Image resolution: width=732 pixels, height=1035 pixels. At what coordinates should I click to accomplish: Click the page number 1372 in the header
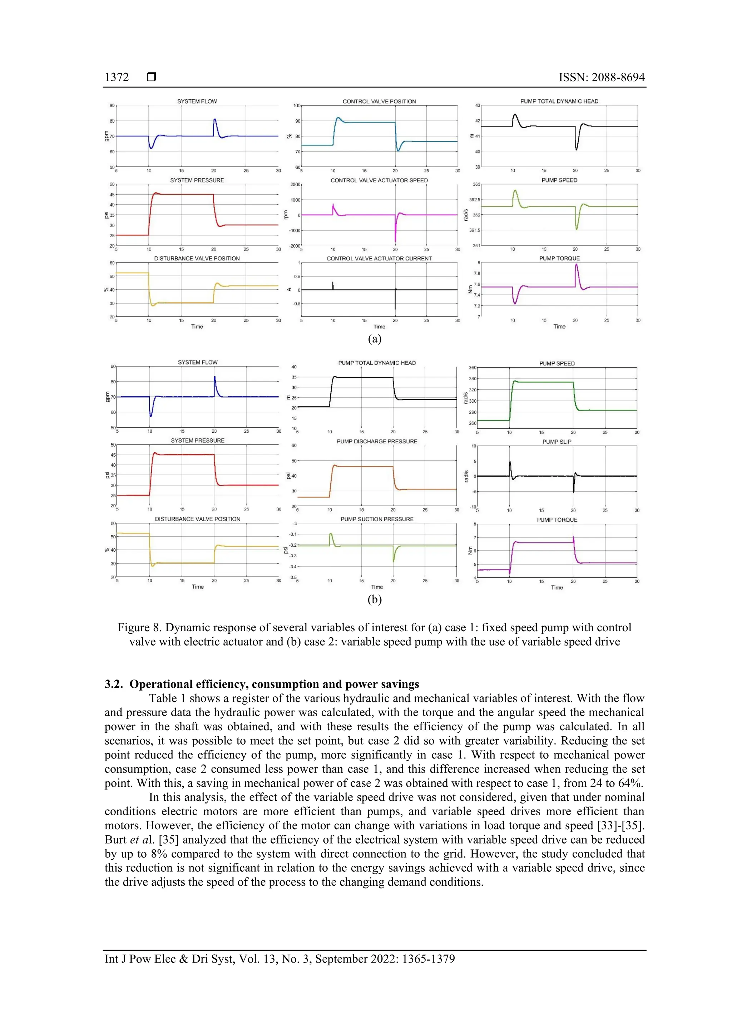[x=117, y=77]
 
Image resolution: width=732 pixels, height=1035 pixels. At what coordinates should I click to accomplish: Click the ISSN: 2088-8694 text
[x=601, y=77]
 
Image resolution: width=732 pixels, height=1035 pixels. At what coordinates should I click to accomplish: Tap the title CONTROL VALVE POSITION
[x=379, y=101]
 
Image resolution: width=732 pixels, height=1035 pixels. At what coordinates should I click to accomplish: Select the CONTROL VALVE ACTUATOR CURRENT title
[x=379, y=258]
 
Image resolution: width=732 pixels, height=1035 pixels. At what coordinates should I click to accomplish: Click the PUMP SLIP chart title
[x=557, y=442]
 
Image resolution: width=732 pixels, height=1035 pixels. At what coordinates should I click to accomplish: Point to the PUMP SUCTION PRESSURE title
[x=377, y=519]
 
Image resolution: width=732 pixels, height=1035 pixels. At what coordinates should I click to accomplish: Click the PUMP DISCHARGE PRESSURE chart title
[x=377, y=441]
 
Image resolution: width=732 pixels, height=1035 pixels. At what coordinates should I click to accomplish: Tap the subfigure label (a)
[x=374, y=339]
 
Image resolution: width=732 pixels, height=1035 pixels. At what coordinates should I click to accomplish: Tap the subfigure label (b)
[x=374, y=599]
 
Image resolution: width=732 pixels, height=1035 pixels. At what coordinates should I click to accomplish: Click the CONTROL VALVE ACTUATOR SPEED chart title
[x=379, y=180]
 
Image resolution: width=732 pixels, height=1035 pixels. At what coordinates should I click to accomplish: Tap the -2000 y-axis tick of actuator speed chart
[x=295, y=246]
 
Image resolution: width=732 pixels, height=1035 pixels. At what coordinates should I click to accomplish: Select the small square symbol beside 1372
[x=152, y=77]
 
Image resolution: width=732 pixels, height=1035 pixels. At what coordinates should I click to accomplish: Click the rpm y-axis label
[x=286, y=215]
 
